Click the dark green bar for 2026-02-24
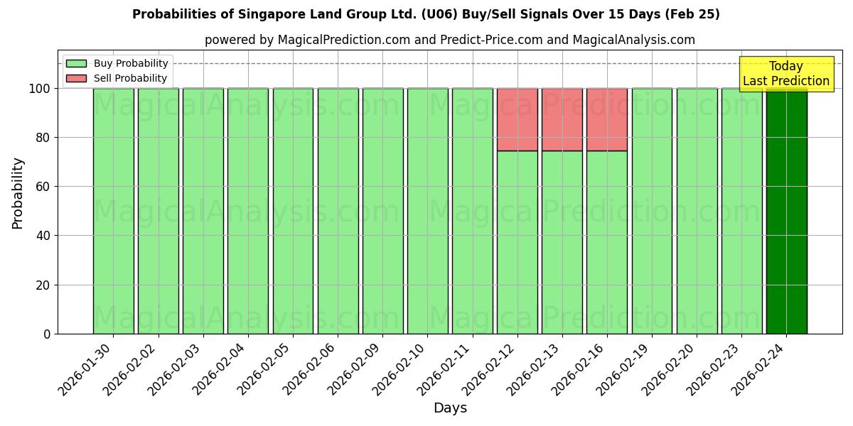point(786,211)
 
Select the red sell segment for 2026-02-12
point(517,119)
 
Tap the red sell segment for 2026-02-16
point(606,119)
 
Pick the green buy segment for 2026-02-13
point(562,242)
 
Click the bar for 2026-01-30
point(113,211)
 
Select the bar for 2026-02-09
point(382,211)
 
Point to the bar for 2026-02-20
point(697,211)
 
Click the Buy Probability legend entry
point(117,63)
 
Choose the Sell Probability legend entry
point(116,78)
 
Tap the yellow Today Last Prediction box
point(785,74)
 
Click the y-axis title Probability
point(18,193)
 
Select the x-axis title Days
point(450,408)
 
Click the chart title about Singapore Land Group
point(426,14)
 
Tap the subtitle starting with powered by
point(449,40)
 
